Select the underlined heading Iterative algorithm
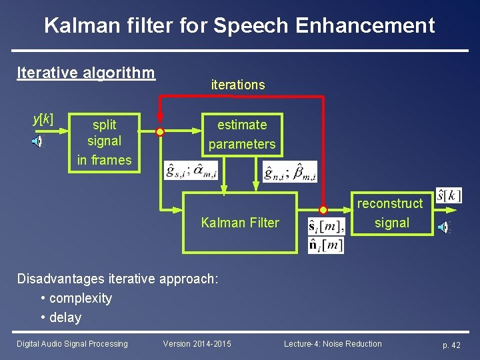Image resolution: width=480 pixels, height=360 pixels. pyautogui.click(x=85, y=72)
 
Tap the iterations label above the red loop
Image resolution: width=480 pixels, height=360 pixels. pyautogui.click(x=237, y=85)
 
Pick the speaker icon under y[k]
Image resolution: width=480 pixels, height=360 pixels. pyautogui.click(x=39, y=141)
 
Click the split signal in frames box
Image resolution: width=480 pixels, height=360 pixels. pyautogui.click(x=105, y=142)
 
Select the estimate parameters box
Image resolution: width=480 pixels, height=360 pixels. pyautogui.click(x=241, y=134)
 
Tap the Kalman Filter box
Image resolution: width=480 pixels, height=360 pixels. pyautogui.click(x=240, y=223)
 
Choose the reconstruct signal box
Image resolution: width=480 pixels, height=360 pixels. pyautogui.click(x=391, y=213)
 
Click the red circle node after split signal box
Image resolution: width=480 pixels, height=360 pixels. pyautogui.click(x=160, y=132)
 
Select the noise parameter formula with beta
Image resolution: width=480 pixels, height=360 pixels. pyautogui.click(x=290, y=171)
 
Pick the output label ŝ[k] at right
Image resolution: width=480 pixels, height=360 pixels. pyautogui.click(x=449, y=196)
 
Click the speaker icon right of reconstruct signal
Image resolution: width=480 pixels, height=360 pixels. pyautogui.click(x=443, y=227)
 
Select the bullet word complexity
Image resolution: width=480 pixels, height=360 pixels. pyautogui.click(x=80, y=298)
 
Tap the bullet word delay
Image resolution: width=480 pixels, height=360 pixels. pyautogui.click(x=65, y=317)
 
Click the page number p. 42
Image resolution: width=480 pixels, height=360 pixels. pyautogui.click(x=451, y=345)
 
